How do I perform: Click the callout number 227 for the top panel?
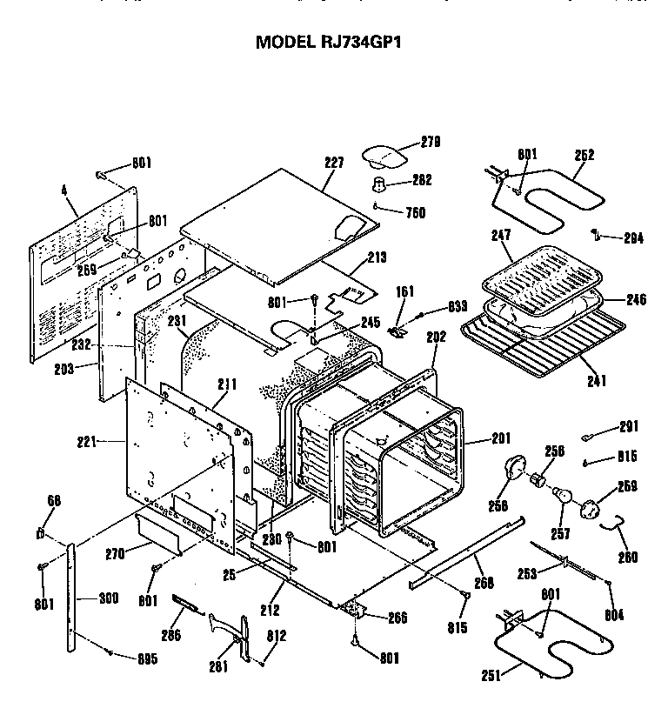pos(335,163)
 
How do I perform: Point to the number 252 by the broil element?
pos(584,155)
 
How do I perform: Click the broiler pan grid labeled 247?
pos(535,277)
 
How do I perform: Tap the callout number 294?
pos(633,237)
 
